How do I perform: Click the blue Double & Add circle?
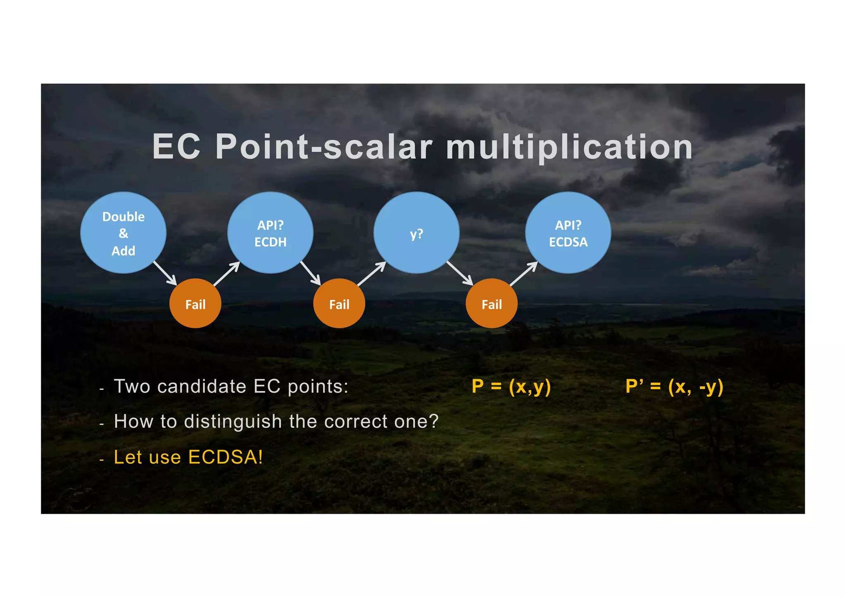click(123, 233)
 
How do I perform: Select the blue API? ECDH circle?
click(270, 233)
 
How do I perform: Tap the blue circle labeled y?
click(416, 233)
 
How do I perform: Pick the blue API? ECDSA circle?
click(568, 233)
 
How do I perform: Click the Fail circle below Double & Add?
click(195, 304)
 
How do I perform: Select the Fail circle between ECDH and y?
click(339, 304)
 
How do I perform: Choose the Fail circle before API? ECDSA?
click(492, 304)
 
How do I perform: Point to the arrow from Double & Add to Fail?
click(165, 273)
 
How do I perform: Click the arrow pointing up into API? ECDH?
click(227, 274)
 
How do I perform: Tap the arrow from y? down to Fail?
click(460, 273)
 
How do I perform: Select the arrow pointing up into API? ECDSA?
click(524, 274)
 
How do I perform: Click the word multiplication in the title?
click(569, 147)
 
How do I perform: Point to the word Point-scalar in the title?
click(324, 147)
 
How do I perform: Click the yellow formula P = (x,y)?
click(511, 386)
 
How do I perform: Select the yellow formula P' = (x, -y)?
click(674, 386)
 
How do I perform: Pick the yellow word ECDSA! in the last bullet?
click(226, 457)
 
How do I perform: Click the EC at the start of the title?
click(176, 147)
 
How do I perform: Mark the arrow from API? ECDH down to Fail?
click(311, 273)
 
